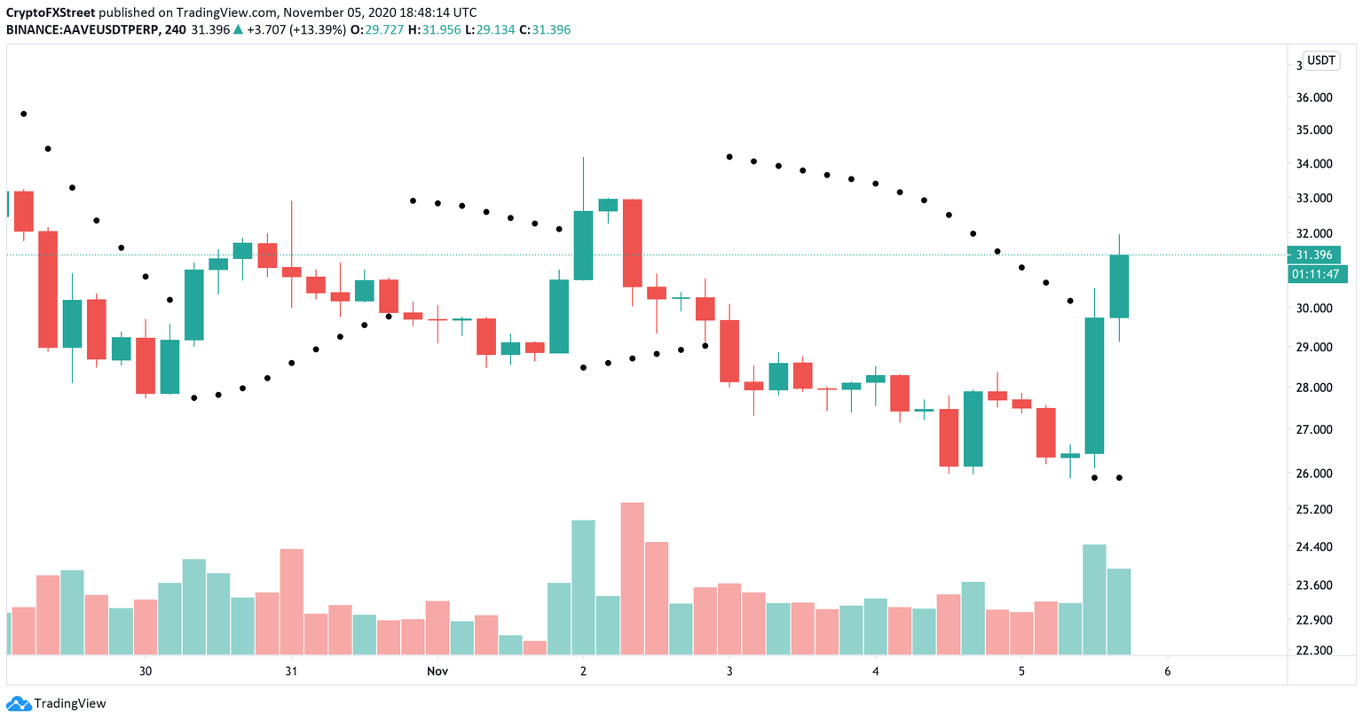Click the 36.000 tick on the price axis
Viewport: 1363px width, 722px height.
click(1313, 98)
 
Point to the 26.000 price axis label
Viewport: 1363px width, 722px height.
click(1313, 474)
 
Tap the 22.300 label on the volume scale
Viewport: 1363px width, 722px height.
click(1313, 650)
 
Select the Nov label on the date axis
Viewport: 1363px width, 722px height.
click(437, 671)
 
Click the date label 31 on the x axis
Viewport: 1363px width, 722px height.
click(291, 671)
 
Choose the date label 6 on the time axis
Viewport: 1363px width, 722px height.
click(1167, 671)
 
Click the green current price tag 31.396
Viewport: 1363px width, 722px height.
click(1313, 255)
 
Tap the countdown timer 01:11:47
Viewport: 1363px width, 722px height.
click(1317, 275)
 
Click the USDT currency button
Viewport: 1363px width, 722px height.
click(1321, 60)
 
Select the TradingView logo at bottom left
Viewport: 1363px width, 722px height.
click(57, 703)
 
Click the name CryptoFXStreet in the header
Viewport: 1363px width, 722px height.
click(51, 12)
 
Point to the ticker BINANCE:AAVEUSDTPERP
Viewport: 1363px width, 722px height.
click(83, 29)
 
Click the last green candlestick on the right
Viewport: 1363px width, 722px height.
click(1119, 286)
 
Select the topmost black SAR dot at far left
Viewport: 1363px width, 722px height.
click(24, 114)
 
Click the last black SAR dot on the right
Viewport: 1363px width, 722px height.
click(1119, 478)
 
